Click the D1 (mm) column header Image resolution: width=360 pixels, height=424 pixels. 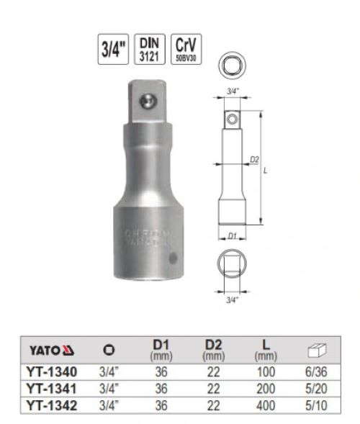pos(161,351)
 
